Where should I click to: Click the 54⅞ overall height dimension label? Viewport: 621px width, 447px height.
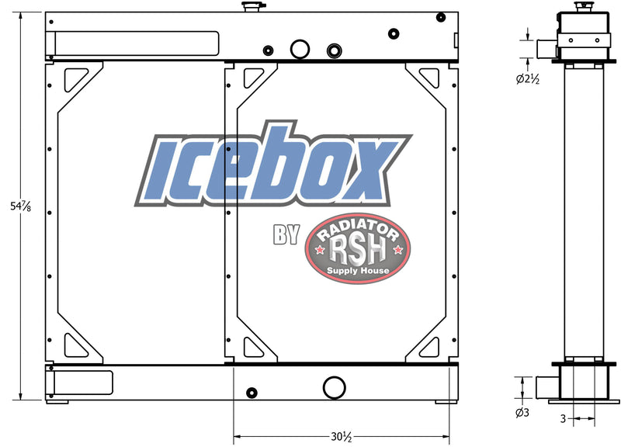10,207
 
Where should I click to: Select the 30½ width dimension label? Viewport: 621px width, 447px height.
342,437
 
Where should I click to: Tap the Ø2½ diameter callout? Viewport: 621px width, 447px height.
528,78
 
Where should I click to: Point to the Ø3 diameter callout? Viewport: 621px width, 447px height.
522,412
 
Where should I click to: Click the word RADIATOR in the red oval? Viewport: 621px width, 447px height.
357,230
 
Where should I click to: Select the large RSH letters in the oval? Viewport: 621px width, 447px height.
357,249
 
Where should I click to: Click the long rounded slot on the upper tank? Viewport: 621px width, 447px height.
135,42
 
